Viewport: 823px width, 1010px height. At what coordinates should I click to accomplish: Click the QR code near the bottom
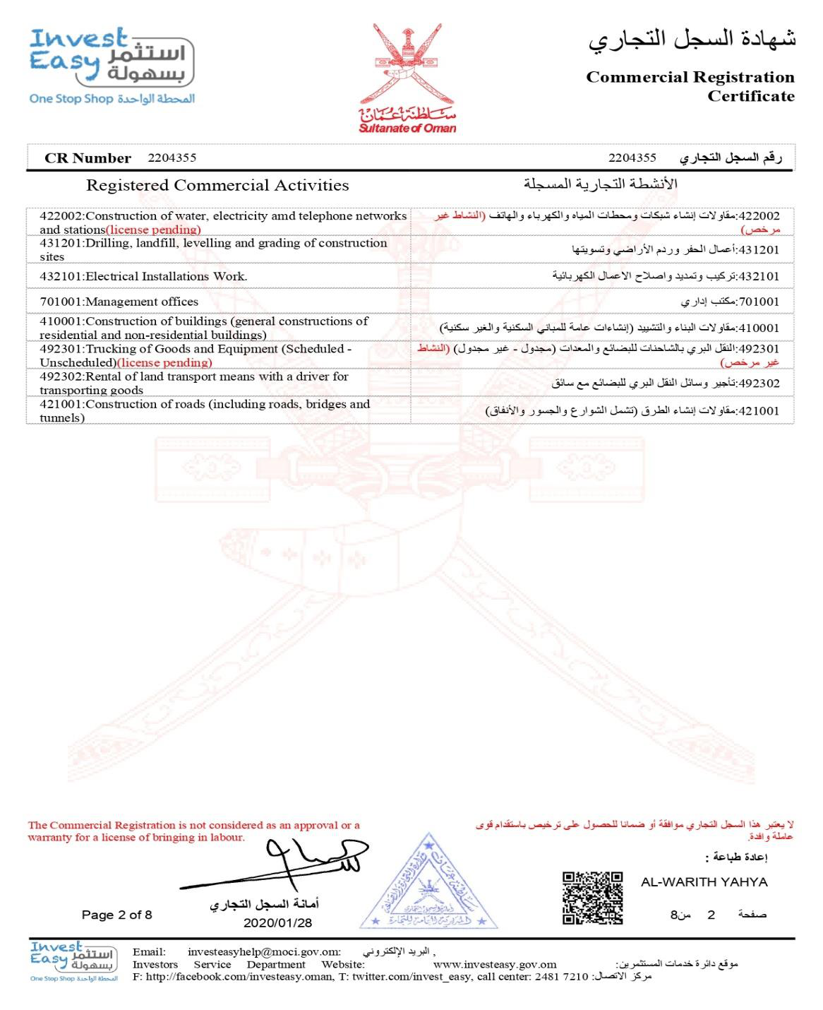pyautogui.click(x=592, y=898)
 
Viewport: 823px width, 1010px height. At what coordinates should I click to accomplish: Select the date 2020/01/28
pyautogui.click(x=277, y=922)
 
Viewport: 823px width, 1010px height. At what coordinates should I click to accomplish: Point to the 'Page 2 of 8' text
pyautogui.click(x=116, y=915)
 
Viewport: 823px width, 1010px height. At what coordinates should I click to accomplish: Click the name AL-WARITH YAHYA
pyautogui.click(x=704, y=881)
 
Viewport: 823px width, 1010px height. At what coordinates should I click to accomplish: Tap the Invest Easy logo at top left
pyautogui.click(x=111, y=66)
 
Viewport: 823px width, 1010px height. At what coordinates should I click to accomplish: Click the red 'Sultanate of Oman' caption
pyautogui.click(x=407, y=129)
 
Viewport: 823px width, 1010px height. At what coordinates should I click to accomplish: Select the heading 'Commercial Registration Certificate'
pyautogui.click(x=690, y=86)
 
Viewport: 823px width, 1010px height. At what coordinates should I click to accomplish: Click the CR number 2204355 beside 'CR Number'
pyautogui.click(x=172, y=158)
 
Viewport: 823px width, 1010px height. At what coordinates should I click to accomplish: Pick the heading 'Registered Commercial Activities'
pyautogui.click(x=217, y=186)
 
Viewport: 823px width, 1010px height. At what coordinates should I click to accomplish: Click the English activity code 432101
pyautogui.click(x=61, y=276)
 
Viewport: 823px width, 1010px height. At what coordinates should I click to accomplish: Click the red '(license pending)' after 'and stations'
pyautogui.click(x=153, y=230)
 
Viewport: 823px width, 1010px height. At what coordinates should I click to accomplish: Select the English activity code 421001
pyautogui.click(x=61, y=404)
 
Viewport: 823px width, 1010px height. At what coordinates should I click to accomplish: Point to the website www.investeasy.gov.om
pyautogui.click(x=494, y=964)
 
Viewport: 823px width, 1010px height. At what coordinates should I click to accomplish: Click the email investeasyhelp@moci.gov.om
pyautogui.click(x=263, y=951)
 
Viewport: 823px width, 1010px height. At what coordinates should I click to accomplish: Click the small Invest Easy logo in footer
pyautogui.click(x=73, y=961)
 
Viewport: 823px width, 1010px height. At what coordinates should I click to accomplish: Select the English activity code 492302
pyautogui.click(x=61, y=376)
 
